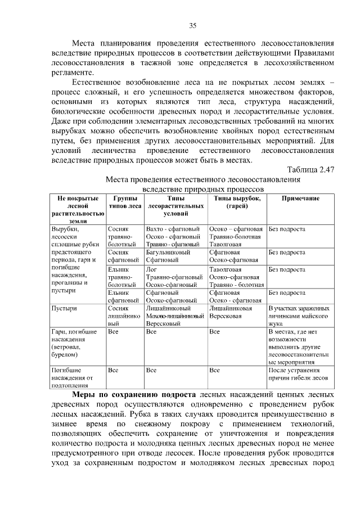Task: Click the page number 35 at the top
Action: pyautogui.click(x=192, y=25)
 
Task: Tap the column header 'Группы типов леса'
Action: pyautogui.click(x=125, y=202)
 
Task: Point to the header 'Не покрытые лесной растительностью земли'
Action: pyautogui.click(x=77, y=210)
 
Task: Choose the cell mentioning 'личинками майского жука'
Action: pyautogui.click(x=299, y=316)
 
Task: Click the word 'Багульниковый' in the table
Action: pyautogui.click(x=165, y=253)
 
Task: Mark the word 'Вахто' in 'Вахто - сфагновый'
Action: pyautogui.click(x=155, y=229)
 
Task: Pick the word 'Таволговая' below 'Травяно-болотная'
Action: pyautogui.click(x=225, y=245)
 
